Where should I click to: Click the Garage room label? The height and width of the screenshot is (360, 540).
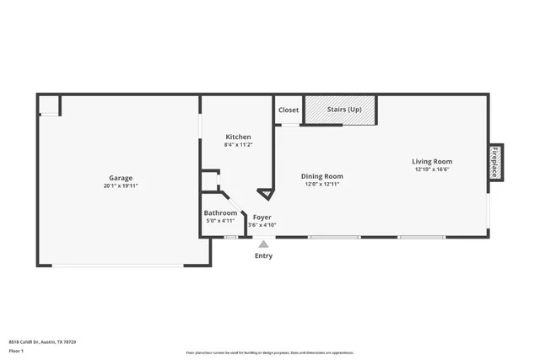pos(121,178)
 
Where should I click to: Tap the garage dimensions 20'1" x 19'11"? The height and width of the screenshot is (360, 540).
pos(121,185)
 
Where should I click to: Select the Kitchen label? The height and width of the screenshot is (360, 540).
pos(238,137)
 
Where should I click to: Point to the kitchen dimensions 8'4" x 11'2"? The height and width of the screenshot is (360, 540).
pos(238,144)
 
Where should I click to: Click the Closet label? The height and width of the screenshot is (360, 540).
pos(289,110)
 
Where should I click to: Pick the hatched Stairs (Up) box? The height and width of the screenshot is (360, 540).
pos(339,110)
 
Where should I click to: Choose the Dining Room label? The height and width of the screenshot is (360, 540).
pos(322,176)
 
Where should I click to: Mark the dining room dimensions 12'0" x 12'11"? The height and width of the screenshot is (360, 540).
pos(322,184)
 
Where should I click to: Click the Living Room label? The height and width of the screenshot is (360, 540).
pos(432,161)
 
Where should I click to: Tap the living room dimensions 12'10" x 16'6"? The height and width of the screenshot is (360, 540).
pos(432,169)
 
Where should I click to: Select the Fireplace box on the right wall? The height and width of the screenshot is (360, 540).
pos(495,162)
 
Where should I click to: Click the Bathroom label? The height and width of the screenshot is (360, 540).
pos(220,212)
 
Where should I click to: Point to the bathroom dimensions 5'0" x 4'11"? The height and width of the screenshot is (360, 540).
pos(220,220)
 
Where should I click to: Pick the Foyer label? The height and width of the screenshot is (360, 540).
pos(262,217)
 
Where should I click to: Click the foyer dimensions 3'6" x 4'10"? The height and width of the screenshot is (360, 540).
pos(262,224)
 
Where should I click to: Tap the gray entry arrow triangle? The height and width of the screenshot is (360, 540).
pos(263,244)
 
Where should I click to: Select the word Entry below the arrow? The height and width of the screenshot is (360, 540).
pos(263,255)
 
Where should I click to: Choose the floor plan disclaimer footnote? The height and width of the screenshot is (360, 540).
pos(270,352)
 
